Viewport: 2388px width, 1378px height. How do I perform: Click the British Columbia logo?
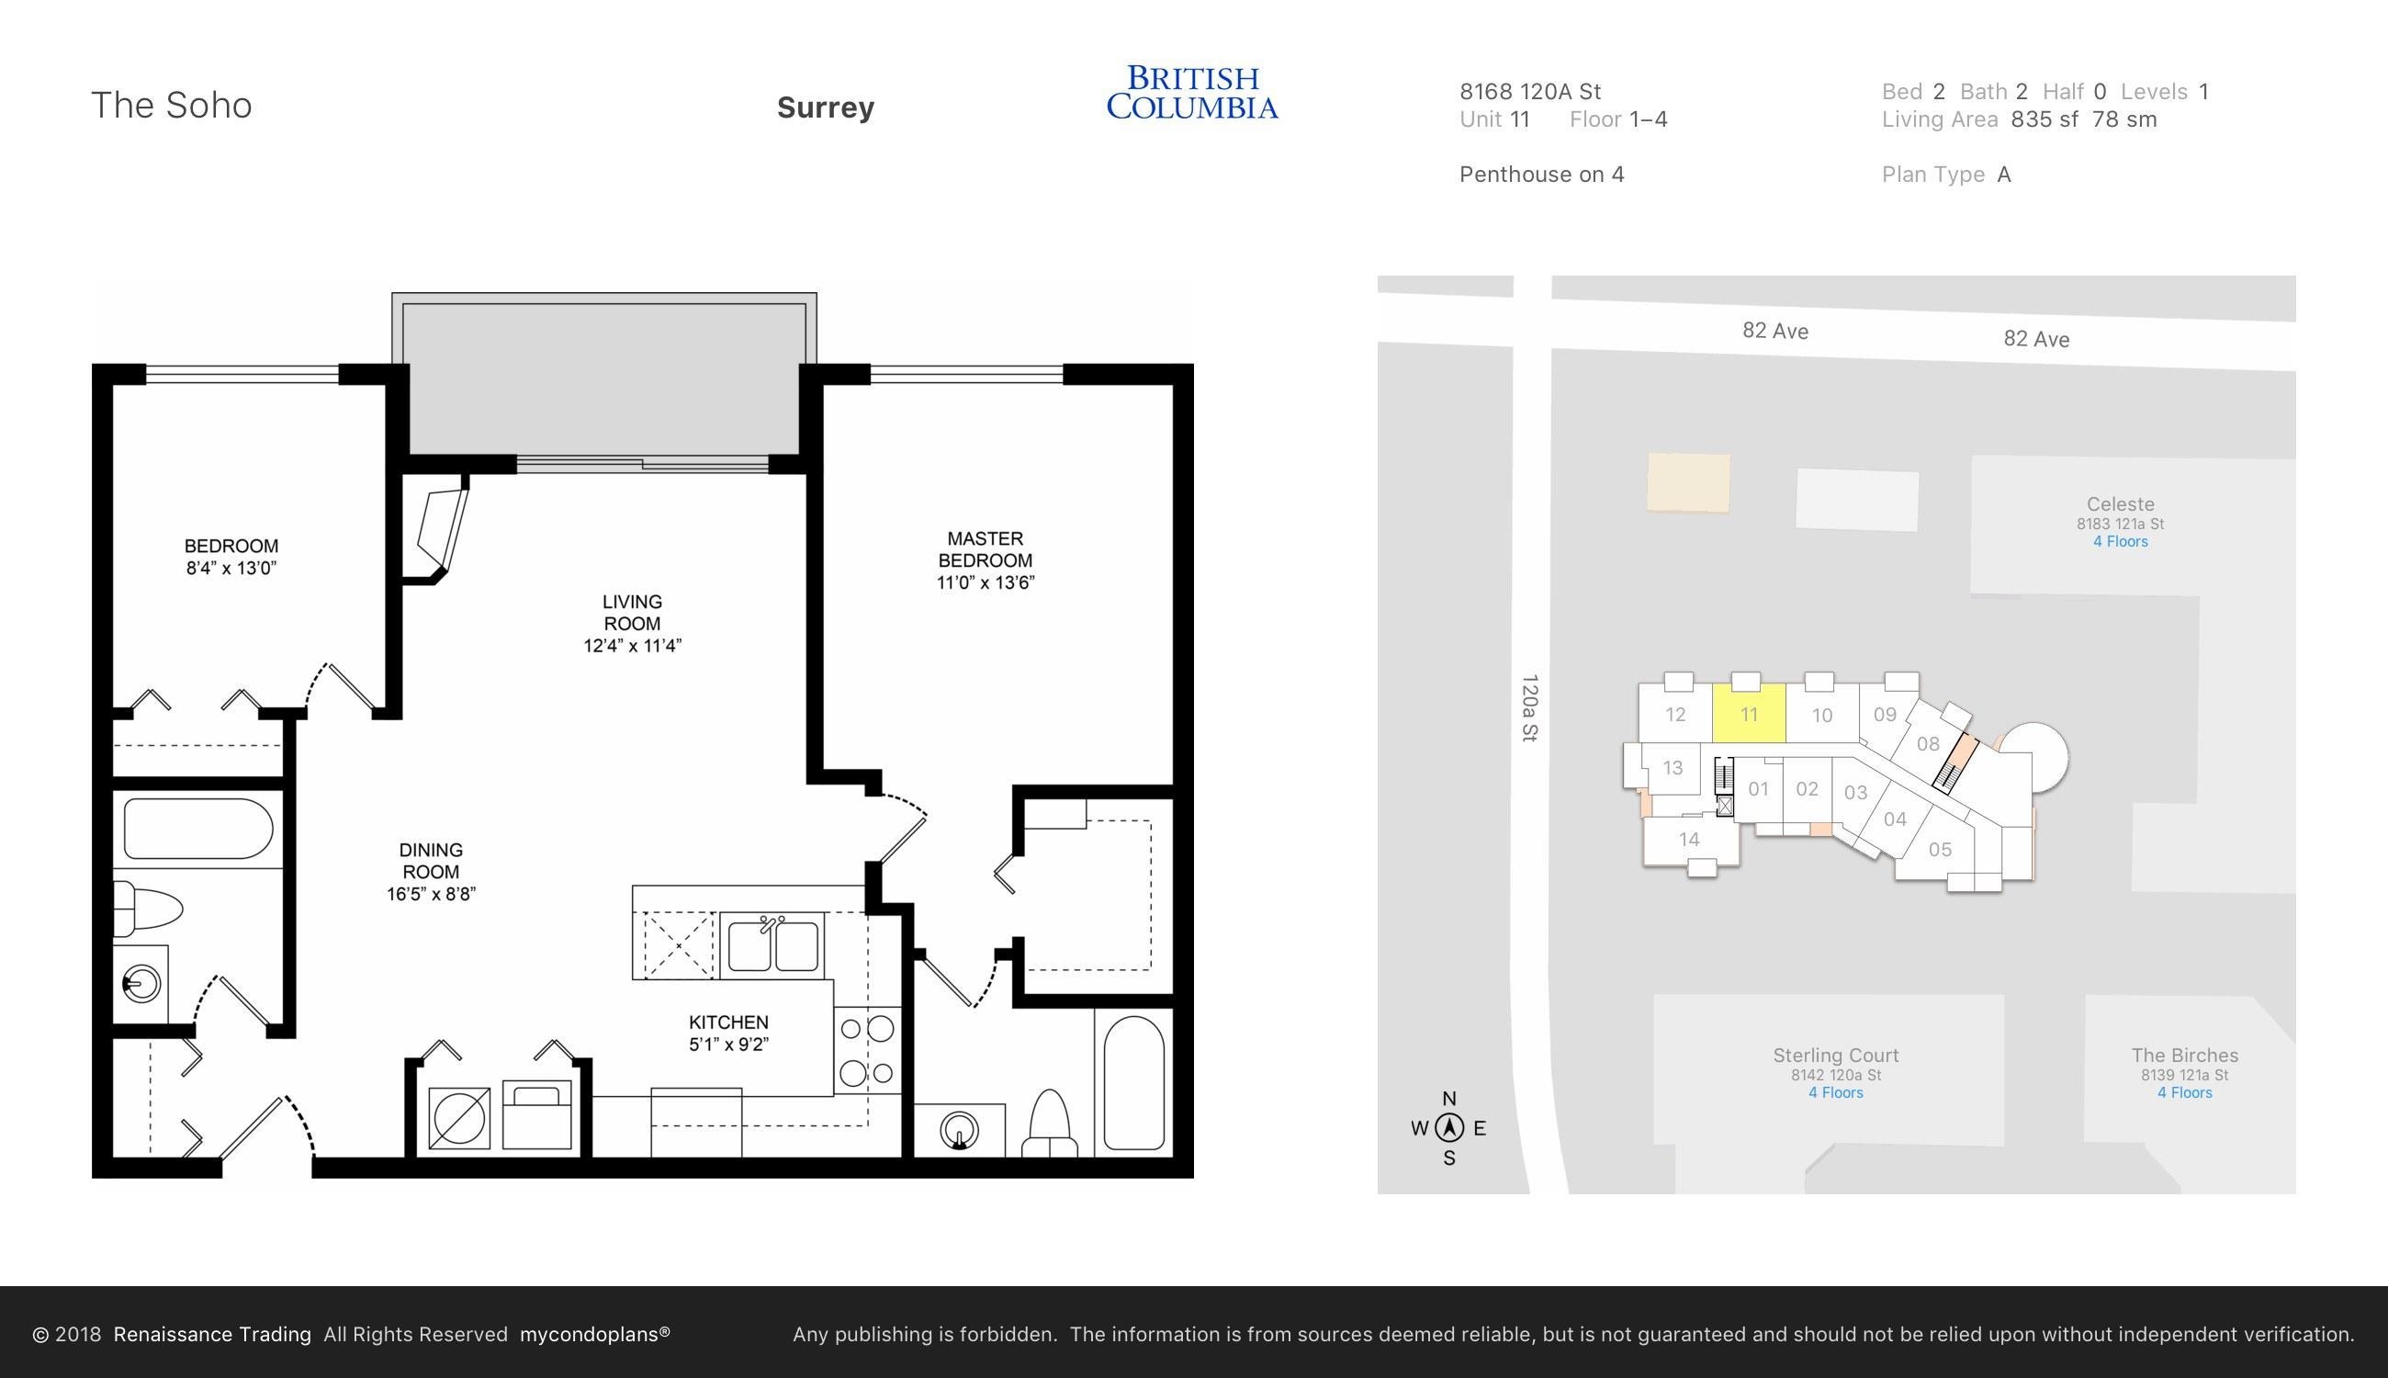coord(1192,92)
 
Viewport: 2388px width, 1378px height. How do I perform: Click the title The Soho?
coord(171,105)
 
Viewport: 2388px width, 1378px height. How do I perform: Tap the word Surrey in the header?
coord(825,107)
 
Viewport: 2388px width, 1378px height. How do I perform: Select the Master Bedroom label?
coord(985,549)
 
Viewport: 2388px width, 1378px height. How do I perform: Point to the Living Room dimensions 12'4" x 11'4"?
coord(632,646)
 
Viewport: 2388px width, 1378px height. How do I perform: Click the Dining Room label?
coord(431,860)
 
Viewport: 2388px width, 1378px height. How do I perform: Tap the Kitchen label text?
coord(728,1022)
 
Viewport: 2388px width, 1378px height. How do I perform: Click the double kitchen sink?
coord(772,944)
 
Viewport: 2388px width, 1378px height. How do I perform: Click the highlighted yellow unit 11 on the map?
coord(1749,714)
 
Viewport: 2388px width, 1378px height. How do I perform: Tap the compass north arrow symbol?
coord(1448,1127)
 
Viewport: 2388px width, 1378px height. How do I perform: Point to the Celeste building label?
coord(2120,504)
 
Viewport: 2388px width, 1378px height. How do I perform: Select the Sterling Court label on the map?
coord(1835,1056)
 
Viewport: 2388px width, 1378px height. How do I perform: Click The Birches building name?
coord(2185,1056)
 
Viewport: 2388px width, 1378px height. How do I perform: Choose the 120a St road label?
coord(1529,708)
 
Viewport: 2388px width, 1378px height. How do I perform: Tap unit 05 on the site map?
coord(1940,849)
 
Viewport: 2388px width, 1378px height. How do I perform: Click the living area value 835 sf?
coord(2044,119)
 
